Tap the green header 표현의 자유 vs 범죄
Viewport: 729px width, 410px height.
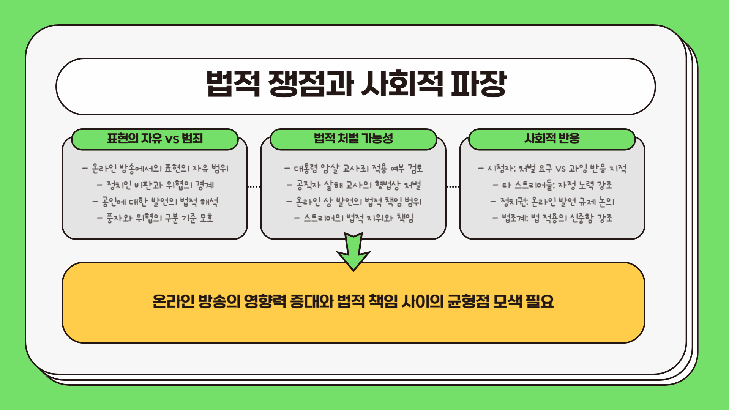coord(155,139)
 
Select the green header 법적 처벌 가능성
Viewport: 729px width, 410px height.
coord(353,139)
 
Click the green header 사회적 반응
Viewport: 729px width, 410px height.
coord(552,139)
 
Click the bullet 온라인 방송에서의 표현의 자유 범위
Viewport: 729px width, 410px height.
coord(155,168)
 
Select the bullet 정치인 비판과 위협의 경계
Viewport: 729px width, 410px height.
coord(155,185)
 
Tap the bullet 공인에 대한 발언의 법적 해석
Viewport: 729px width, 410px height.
coord(155,202)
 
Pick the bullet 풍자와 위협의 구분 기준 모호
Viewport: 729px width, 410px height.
coord(155,218)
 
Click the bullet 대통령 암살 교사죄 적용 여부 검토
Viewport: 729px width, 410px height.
coord(353,168)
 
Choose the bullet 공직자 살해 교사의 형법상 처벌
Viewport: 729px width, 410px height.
coord(353,185)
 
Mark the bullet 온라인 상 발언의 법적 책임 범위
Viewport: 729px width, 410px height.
coord(353,202)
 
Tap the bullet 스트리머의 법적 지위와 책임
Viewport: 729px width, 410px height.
coord(353,218)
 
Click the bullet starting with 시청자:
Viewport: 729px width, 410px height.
coord(552,168)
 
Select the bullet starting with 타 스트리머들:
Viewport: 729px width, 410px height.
coord(552,185)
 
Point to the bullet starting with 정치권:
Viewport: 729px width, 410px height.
coord(552,202)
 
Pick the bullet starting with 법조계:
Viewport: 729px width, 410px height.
coord(552,218)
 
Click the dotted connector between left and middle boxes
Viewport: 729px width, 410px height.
coord(254,187)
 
